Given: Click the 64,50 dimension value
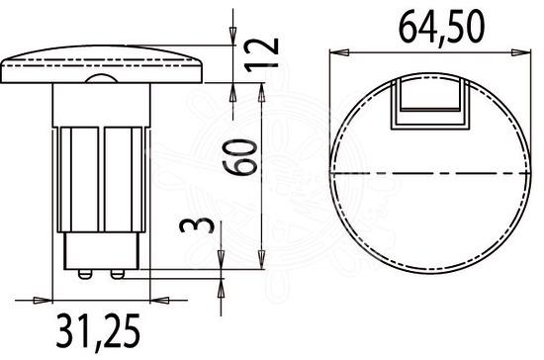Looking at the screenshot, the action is click(441, 28).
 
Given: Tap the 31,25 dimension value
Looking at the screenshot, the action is click(98, 331).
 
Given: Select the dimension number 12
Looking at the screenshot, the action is click(261, 54).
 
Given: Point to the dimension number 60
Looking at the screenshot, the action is click(240, 157).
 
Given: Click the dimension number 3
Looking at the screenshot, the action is click(196, 225).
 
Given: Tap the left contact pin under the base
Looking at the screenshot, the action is click(85, 274).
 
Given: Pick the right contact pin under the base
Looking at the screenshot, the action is click(118, 274).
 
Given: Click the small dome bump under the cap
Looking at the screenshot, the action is click(101, 79).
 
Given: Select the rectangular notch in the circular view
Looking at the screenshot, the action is click(430, 104).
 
